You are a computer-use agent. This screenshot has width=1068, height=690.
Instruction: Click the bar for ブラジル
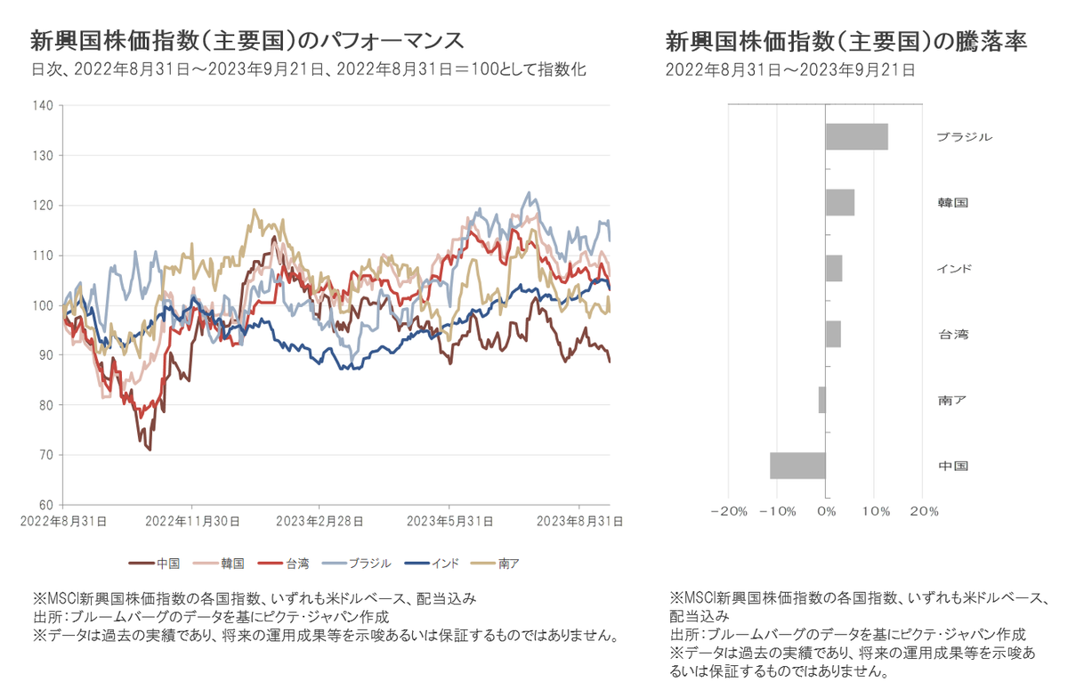856,137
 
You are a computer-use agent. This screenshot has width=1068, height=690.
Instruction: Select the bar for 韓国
839,203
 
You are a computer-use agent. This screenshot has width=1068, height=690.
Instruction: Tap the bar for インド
833,269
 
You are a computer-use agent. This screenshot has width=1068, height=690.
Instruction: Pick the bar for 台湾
832,335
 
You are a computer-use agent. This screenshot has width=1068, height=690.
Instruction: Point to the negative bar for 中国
797,466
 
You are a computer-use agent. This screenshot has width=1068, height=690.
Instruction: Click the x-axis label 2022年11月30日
190,521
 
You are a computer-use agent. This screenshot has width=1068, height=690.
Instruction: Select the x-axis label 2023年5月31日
449,521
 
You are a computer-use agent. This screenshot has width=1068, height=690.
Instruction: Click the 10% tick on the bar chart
874,512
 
